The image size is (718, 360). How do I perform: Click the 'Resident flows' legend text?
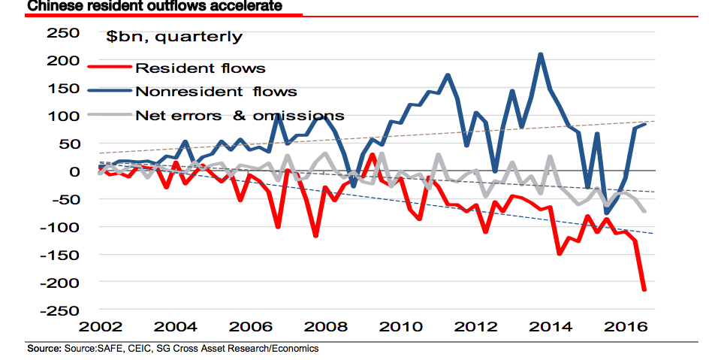[x=200, y=68]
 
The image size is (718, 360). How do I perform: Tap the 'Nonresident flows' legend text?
[x=216, y=92]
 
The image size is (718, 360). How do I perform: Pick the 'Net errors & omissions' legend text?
[x=240, y=116]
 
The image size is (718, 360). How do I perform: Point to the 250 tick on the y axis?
[x=63, y=33]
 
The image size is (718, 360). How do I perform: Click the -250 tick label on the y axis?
[x=60, y=310]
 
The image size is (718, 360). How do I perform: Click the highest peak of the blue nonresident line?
[x=541, y=54]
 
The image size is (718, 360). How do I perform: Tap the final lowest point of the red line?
[x=644, y=289]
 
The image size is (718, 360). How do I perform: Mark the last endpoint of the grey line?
[x=644, y=211]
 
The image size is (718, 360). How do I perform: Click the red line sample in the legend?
[x=110, y=68]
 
